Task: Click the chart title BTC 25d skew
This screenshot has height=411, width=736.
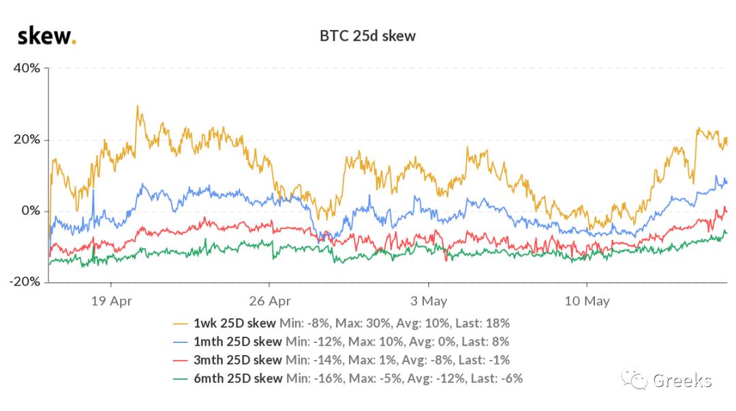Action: point(367,35)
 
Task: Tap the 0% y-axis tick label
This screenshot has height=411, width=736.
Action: point(31,211)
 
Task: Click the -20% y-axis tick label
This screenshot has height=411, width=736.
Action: point(25,281)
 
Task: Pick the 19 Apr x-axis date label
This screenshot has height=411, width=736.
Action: point(111,301)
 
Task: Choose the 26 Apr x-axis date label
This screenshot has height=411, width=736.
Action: point(270,301)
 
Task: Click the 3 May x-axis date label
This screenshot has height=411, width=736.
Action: point(429,301)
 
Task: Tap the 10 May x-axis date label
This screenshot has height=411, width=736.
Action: point(587,301)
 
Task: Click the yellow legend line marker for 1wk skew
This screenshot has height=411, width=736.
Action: point(181,323)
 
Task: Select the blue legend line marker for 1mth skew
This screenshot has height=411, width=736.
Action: point(181,341)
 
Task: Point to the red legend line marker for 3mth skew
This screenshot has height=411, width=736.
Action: point(181,360)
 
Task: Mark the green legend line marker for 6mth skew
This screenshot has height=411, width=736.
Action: point(181,378)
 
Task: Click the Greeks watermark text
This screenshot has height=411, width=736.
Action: point(682,380)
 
